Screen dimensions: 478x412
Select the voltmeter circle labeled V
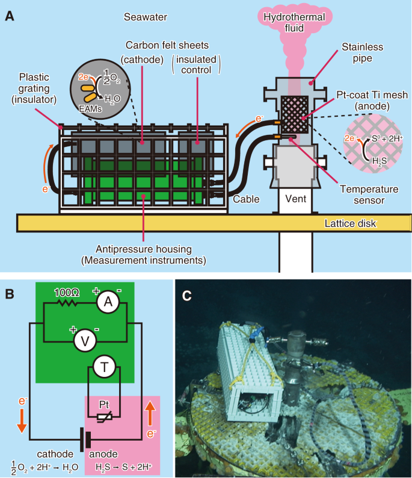click(85, 341)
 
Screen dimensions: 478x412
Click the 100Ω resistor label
click(65, 293)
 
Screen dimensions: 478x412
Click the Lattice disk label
click(350, 223)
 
